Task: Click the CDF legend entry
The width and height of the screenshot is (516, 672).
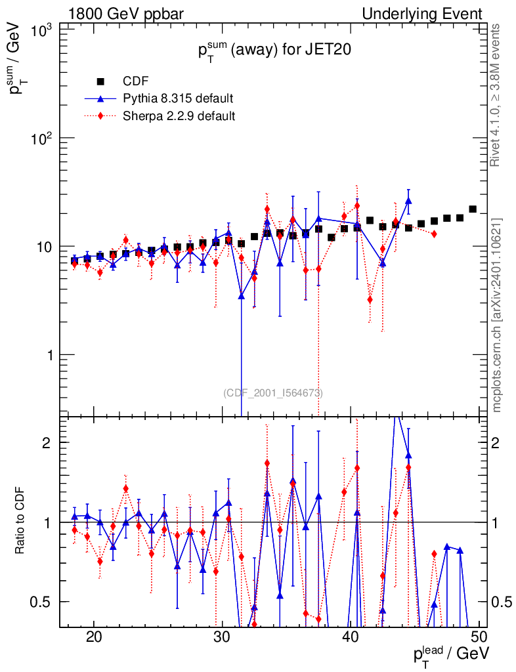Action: (x=136, y=81)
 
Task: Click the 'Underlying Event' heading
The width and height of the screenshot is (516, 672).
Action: (x=422, y=14)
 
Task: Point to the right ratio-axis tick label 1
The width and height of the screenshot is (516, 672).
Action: (x=494, y=522)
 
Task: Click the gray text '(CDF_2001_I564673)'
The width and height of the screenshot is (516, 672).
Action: (x=273, y=393)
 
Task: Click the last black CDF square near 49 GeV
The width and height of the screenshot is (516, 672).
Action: (x=473, y=209)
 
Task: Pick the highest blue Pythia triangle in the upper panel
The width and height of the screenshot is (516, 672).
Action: (x=408, y=201)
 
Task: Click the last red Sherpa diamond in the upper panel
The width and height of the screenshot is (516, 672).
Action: (x=434, y=234)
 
